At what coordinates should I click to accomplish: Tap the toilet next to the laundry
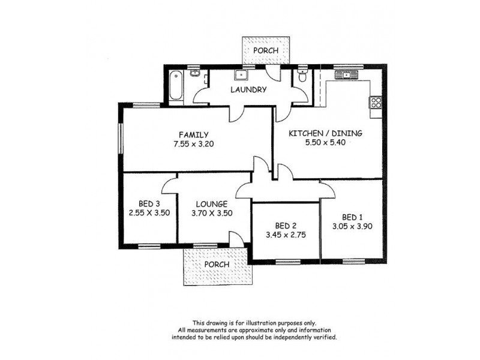[303, 77]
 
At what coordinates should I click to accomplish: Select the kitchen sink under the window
[346, 75]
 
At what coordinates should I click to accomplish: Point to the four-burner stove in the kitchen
[376, 102]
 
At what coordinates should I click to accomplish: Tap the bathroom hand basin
[194, 74]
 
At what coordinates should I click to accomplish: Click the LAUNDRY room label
[249, 90]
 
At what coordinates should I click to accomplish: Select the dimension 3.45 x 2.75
[286, 235]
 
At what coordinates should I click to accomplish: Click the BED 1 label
[353, 217]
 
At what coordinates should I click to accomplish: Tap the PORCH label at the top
[265, 51]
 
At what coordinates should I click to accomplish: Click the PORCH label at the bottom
[217, 265]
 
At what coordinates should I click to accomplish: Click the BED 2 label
[286, 226]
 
